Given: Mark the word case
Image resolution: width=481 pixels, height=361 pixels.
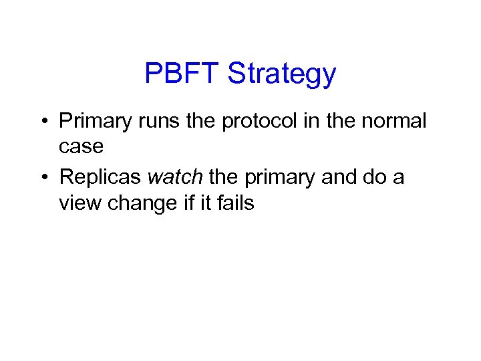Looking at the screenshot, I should tap(81, 146).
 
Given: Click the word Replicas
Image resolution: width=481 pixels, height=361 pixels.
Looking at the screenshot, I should tap(100, 177).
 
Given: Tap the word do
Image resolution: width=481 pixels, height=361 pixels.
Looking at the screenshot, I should tap(379, 177).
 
